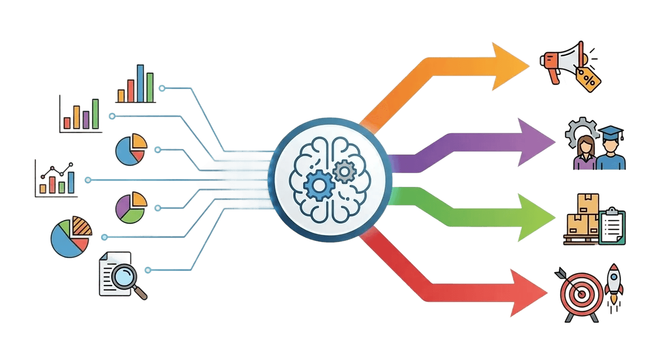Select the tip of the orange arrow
click(529, 66)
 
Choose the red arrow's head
click(546, 293)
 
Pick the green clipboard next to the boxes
click(612, 226)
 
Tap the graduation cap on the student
click(611, 132)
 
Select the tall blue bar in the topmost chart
click(140, 83)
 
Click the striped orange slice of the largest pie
click(82, 227)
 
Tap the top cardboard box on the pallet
click(589, 202)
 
